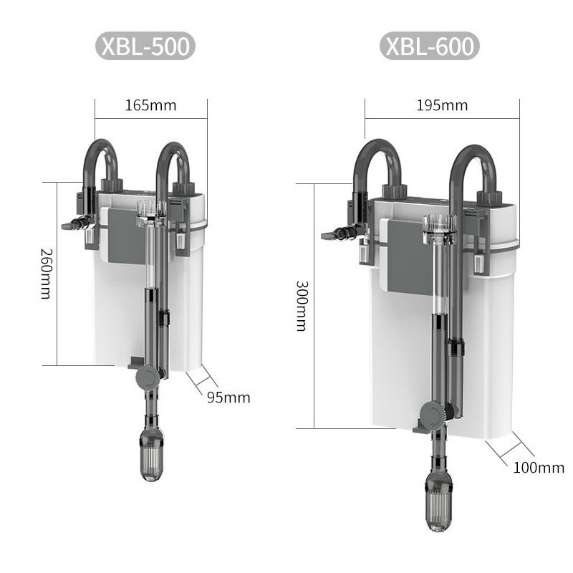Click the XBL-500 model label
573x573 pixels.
coord(145,47)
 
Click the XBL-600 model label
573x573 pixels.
coord(429,47)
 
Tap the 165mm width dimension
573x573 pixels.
coord(150,105)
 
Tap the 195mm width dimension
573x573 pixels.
coord(442,105)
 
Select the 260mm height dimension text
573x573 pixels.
coord(47,273)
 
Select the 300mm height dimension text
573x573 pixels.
coord(301,305)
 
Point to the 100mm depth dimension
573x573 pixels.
coord(539,468)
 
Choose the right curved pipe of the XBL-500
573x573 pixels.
coord(173,159)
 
